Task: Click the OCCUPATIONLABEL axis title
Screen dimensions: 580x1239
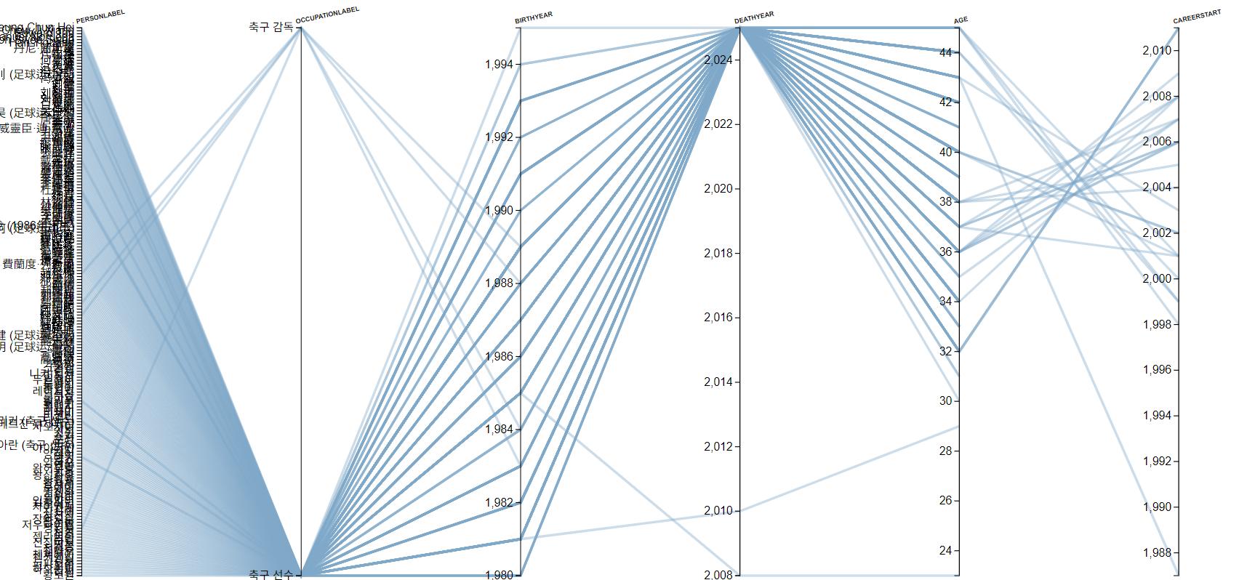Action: pos(327,15)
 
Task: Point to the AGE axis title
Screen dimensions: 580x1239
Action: pos(961,20)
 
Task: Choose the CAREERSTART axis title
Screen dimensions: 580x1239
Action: pos(1197,17)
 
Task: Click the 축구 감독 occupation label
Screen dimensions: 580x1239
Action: pos(270,28)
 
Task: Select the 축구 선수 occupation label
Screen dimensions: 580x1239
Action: pos(270,575)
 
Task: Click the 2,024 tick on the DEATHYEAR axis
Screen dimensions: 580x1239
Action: pos(718,60)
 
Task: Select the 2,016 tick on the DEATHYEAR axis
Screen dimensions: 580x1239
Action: pos(718,318)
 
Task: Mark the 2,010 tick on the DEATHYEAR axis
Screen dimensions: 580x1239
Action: pos(718,511)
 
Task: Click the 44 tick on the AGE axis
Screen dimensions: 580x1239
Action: pos(945,52)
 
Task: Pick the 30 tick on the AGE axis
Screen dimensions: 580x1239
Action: pos(945,401)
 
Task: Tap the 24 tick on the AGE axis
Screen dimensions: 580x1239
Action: pos(945,551)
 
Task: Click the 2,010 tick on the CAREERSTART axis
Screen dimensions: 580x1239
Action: pos(1156,51)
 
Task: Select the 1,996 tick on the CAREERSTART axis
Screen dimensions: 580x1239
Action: pos(1156,370)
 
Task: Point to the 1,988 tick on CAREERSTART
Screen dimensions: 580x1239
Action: pos(1156,553)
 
